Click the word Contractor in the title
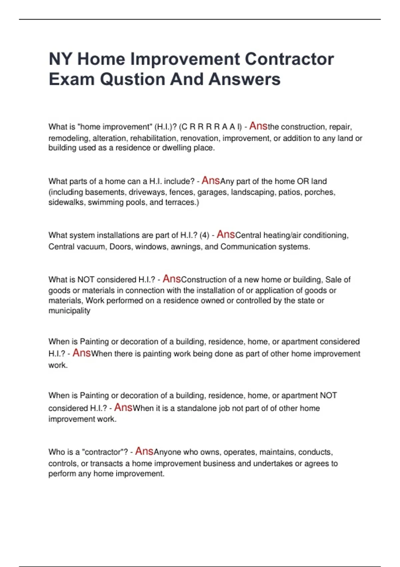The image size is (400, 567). [x=289, y=59]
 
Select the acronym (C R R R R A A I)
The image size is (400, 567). [x=210, y=127]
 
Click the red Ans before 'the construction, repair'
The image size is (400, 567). [x=258, y=126]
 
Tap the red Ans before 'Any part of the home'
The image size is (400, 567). [x=211, y=180]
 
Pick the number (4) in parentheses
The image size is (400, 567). [x=204, y=235]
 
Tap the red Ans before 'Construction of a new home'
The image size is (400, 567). [x=172, y=279]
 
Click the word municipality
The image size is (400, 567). [x=69, y=311]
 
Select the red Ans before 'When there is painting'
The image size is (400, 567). [x=82, y=353]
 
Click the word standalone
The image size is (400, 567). [x=197, y=409]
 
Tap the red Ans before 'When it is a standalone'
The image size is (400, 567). [x=123, y=408]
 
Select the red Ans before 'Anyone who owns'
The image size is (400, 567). [x=144, y=451]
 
